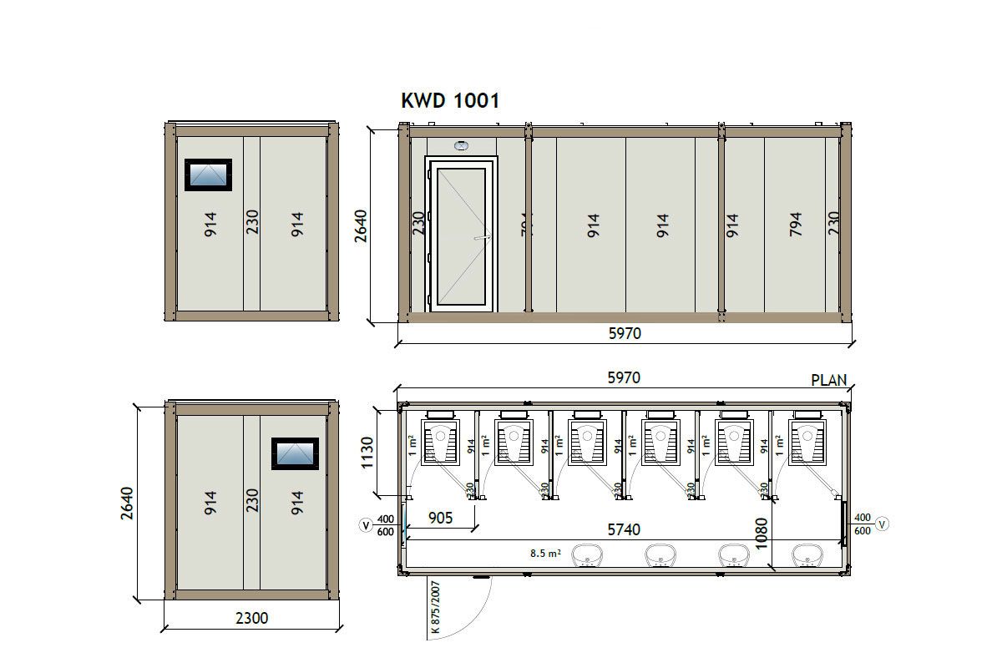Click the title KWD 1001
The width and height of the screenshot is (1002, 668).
click(x=450, y=101)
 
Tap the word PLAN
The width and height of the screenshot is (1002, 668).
click(x=828, y=381)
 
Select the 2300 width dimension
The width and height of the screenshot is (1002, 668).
click(x=251, y=619)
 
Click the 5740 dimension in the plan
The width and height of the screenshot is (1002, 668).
click(x=623, y=529)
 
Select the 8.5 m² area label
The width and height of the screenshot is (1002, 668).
click(x=544, y=553)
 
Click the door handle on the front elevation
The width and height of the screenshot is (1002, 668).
click(x=480, y=238)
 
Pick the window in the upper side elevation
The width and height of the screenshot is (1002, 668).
click(x=208, y=175)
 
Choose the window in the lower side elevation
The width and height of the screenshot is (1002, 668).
click(x=295, y=453)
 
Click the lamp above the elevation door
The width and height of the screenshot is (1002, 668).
click(x=461, y=145)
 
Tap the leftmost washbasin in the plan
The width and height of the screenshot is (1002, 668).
click(x=589, y=554)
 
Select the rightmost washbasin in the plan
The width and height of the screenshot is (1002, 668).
click(x=807, y=554)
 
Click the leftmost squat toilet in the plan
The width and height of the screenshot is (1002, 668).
click(x=439, y=442)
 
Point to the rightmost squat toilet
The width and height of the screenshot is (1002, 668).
click(x=807, y=442)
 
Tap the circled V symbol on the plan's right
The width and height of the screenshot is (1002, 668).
click(x=883, y=524)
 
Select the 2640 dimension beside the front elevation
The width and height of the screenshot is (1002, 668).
click(x=361, y=225)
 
